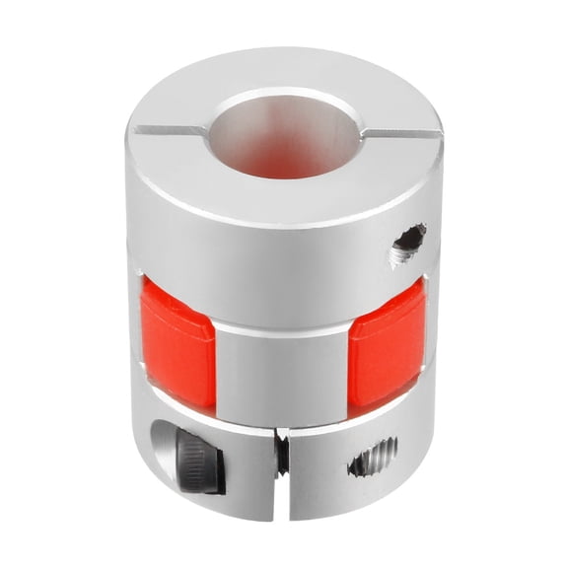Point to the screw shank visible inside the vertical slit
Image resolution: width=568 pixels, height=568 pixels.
point(283,454)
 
